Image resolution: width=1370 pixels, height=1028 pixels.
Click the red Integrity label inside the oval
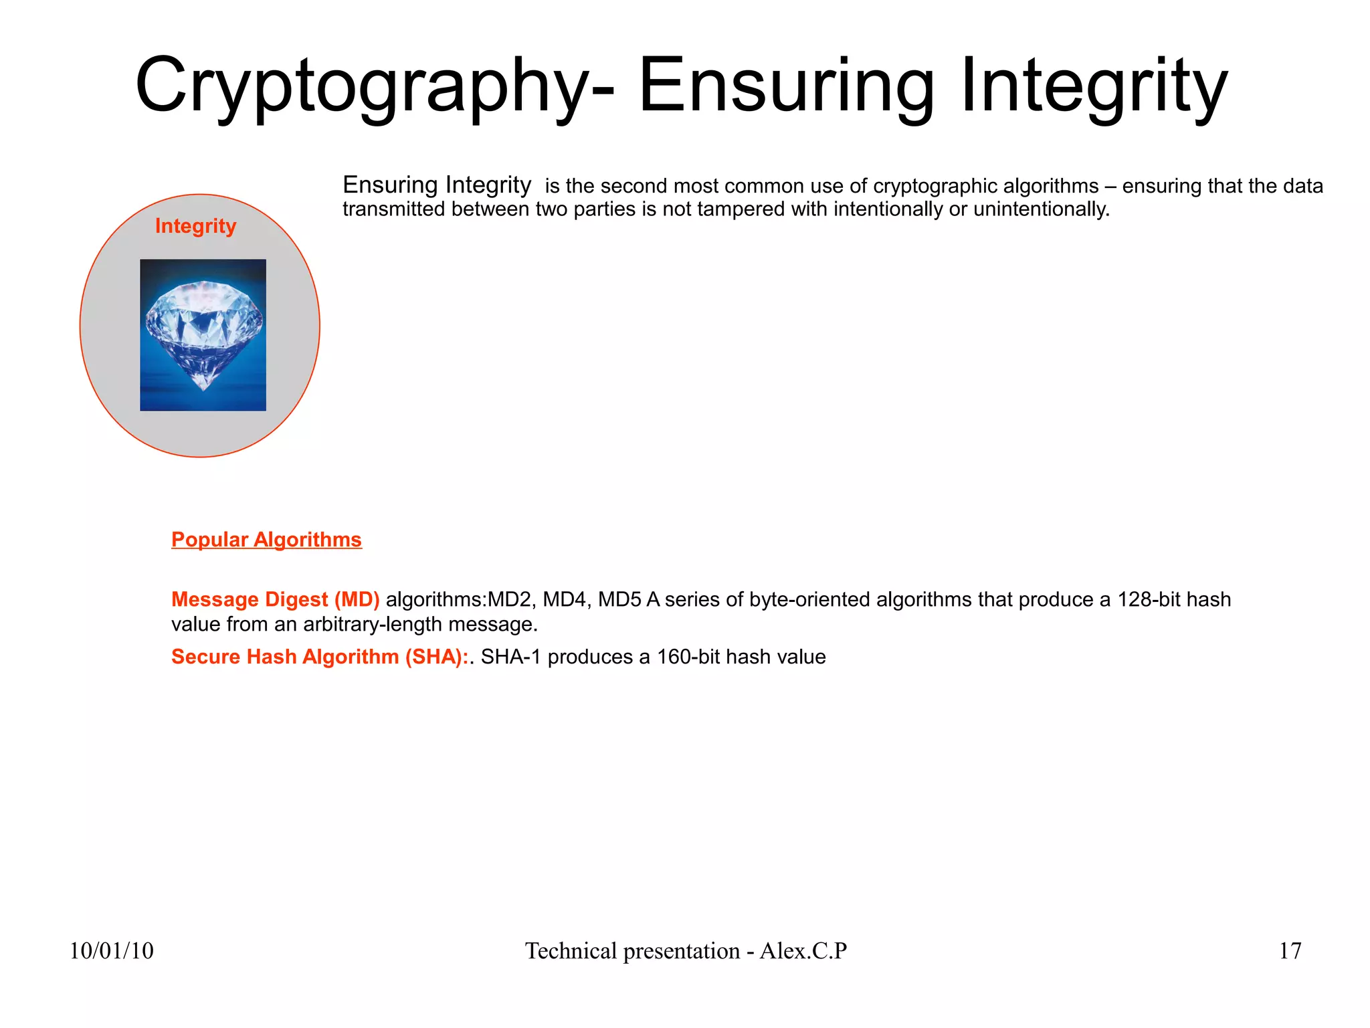[x=195, y=226]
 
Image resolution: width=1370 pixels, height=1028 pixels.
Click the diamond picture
[x=203, y=334]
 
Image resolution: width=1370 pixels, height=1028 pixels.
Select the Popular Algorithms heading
[x=266, y=540]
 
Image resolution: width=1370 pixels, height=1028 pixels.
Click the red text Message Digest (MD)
[x=275, y=599]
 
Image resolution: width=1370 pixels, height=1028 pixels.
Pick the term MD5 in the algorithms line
[x=619, y=599]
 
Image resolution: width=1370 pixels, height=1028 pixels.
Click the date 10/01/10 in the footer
[x=112, y=950]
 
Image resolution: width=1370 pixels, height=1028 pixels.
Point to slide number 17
[x=1290, y=950]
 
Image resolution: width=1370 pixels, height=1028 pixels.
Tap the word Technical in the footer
[x=571, y=950]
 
